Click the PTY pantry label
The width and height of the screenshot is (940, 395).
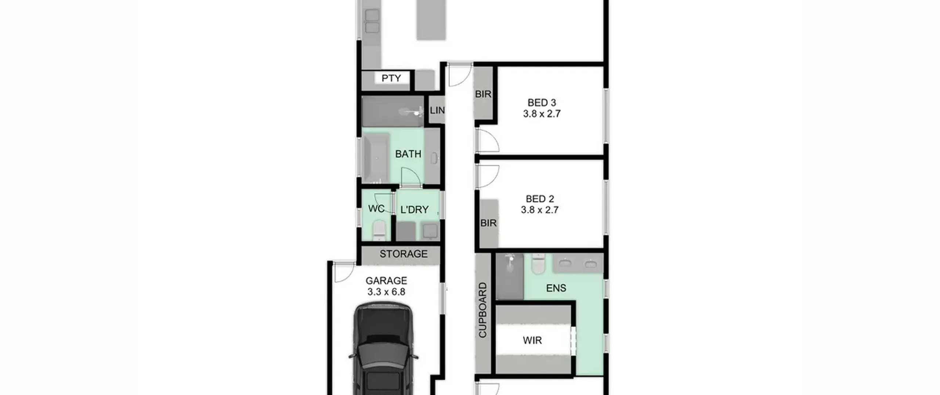(391, 78)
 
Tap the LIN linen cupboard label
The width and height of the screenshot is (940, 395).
(437, 110)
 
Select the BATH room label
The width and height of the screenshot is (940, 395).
(408, 154)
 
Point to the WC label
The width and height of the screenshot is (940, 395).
(376, 209)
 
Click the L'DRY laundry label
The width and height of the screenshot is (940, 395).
(414, 210)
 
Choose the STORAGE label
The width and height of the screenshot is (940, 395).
(404, 254)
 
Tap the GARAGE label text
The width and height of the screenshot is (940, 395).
(386, 281)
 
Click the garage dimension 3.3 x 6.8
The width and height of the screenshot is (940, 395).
(386, 292)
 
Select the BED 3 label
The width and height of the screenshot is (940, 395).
(542, 103)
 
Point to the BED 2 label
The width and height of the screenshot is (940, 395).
(540, 199)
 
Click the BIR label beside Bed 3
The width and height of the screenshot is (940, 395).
(483, 94)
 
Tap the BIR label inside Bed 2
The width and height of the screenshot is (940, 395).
(488, 223)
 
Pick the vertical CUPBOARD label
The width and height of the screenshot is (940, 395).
(482, 310)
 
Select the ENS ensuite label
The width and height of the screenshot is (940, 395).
(556, 288)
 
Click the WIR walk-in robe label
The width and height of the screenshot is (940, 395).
(532, 341)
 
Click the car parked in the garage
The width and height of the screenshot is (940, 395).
(383, 349)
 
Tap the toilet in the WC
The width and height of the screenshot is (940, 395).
(379, 230)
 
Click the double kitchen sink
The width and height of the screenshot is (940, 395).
(372, 21)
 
